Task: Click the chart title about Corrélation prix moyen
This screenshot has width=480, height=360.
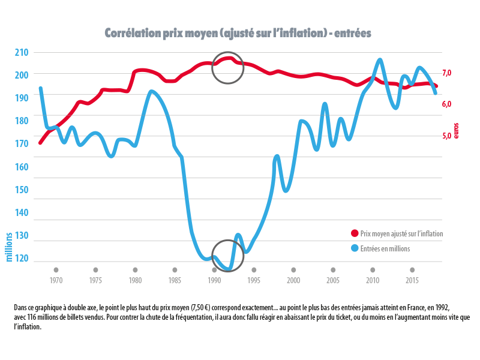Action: click(x=238, y=33)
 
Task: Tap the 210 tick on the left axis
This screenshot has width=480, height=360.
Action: click(x=22, y=52)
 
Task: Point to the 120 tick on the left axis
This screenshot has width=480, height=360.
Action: click(x=22, y=259)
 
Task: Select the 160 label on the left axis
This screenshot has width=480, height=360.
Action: click(x=22, y=167)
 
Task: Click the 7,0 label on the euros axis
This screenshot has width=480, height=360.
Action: click(x=446, y=73)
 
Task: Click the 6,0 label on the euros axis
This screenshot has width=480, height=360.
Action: click(x=446, y=104)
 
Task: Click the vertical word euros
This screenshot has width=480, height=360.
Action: click(x=457, y=130)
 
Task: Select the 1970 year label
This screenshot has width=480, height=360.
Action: click(x=56, y=280)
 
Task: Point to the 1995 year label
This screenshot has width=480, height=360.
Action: click(x=254, y=280)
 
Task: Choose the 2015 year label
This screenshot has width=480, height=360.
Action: click(x=412, y=280)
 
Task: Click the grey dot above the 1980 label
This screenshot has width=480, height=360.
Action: click(x=135, y=270)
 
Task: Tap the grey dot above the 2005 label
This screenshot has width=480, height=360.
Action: click(x=333, y=270)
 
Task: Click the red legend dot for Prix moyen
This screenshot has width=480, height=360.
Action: click(x=354, y=233)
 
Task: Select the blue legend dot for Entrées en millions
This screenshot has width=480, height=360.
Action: click(x=354, y=248)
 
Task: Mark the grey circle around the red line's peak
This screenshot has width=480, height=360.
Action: click(x=228, y=67)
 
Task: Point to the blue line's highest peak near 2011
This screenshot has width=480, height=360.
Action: click(x=380, y=60)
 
